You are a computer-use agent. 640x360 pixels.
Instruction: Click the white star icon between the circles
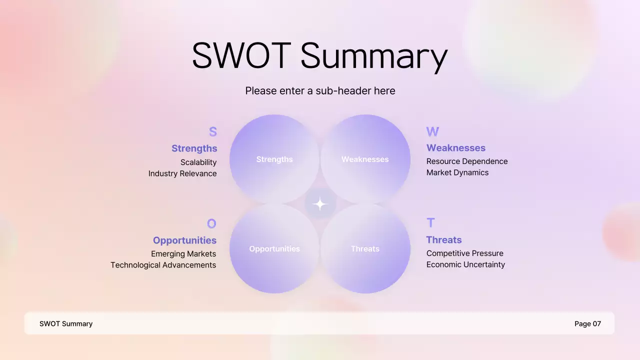[x=319, y=204]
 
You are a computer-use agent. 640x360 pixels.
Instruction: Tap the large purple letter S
[x=212, y=132]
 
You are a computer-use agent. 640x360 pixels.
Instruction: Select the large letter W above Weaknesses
[x=432, y=131]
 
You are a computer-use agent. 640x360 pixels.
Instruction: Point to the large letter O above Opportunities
[x=211, y=223]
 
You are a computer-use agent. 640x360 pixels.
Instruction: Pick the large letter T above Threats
[x=430, y=222]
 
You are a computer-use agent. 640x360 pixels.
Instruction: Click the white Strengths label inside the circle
[x=274, y=159]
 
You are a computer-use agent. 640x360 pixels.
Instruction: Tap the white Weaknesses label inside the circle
[x=365, y=159]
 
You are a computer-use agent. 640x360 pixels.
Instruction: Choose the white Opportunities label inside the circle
[x=274, y=248]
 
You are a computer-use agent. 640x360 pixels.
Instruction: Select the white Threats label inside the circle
[x=365, y=248]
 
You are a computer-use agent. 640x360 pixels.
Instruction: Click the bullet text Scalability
[x=198, y=162]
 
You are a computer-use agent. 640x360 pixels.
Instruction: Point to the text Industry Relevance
[x=182, y=173]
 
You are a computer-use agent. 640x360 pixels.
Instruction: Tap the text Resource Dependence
[x=467, y=161]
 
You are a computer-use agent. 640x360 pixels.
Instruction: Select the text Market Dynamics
[x=457, y=172]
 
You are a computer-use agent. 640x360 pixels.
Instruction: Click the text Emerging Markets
[x=183, y=253]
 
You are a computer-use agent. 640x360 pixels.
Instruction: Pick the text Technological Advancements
[x=163, y=265]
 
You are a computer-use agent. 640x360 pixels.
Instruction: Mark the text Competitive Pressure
[x=465, y=253]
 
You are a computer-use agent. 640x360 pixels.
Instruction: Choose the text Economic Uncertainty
[x=465, y=264]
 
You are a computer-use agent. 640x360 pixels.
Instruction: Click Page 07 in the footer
[x=587, y=323]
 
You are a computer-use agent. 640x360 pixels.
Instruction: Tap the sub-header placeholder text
[x=320, y=90]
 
